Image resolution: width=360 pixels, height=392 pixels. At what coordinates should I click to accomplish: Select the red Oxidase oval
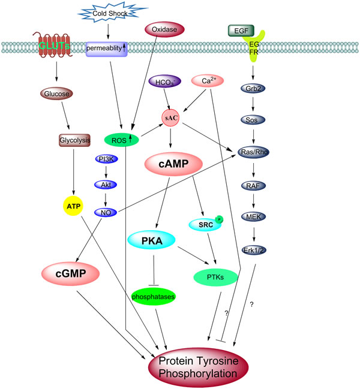(x=164, y=29)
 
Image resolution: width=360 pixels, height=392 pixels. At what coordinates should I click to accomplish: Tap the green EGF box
(x=241, y=31)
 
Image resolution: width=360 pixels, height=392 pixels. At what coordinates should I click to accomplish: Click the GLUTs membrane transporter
(x=54, y=46)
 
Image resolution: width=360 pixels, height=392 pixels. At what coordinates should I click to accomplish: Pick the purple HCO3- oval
(x=165, y=82)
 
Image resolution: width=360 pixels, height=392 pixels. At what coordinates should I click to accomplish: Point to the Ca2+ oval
(x=208, y=81)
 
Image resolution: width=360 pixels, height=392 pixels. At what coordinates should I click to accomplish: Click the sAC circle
(x=170, y=118)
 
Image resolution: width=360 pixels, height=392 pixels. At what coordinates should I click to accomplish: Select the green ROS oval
(x=122, y=140)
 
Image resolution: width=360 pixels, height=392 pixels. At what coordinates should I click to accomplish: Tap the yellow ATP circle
(x=73, y=206)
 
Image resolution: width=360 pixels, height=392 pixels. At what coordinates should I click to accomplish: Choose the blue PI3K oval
(x=106, y=159)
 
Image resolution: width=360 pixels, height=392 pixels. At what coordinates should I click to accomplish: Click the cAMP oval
(x=173, y=164)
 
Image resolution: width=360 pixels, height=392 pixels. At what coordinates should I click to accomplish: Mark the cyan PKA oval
(x=151, y=240)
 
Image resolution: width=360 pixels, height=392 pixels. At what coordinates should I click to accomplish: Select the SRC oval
(x=205, y=225)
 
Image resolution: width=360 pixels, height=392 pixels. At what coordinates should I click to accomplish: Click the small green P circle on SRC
(x=219, y=219)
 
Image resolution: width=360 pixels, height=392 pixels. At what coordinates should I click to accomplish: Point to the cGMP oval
(x=71, y=273)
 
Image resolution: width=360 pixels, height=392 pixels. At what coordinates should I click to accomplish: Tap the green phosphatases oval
(x=153, y=297)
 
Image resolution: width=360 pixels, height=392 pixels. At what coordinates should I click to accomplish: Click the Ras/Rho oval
(x=253, y=152)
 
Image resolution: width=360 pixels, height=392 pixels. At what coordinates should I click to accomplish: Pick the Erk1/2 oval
(x=254, y=250)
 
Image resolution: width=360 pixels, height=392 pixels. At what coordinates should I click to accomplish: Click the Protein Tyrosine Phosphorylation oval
(x=198, y=367)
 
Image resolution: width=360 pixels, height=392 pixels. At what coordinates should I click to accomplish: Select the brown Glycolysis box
(x=74, y=140)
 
